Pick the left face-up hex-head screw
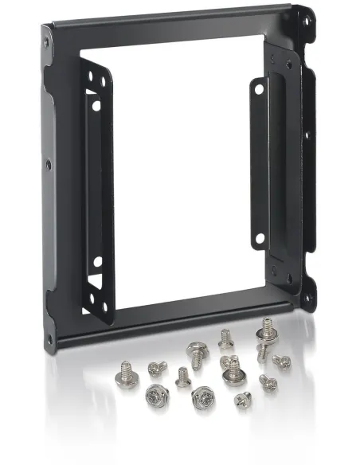(154, 393)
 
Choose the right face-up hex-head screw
(202, 395)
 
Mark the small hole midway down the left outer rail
(49, 166)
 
